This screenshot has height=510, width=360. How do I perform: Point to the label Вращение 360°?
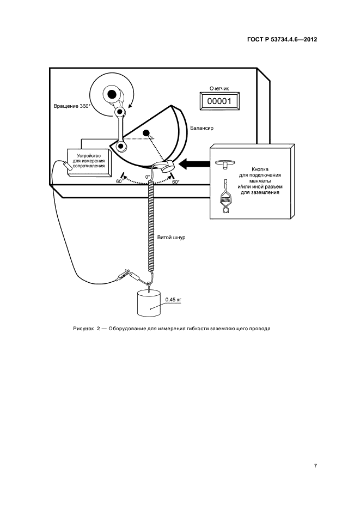pyautogui.click(x=71, y=106)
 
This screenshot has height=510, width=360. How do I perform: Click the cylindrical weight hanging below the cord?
pyautogui.click(x=149, y=304)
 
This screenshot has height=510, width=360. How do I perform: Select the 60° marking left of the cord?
pyautogui.click(x=119, y=181)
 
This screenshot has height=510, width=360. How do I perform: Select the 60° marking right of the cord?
pyautogui.click(x=175, y=182)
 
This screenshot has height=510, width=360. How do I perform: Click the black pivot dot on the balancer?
pyautogui.click(x=145, y=133)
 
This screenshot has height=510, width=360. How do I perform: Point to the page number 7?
pyautogui.click(x=315, y=465)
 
